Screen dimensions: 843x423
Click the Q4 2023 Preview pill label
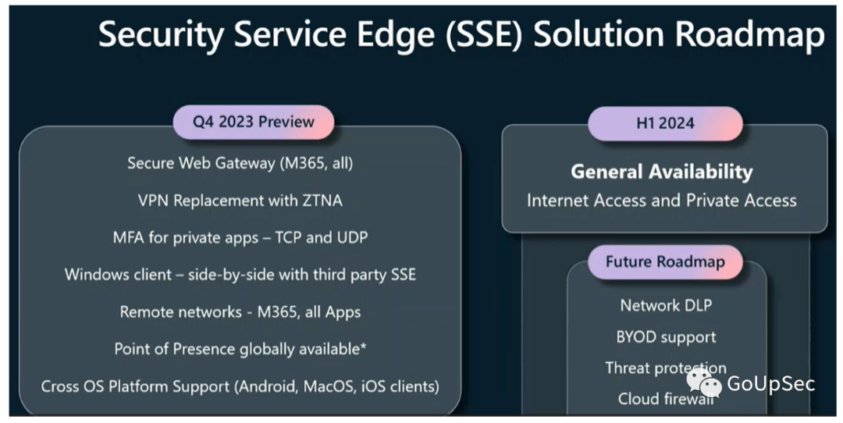[x=253, y=122]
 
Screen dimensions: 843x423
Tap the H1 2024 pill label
[x=665, y=123]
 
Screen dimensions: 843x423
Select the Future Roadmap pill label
[x=665, y=262]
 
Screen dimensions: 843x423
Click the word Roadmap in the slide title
[x=749, y=34]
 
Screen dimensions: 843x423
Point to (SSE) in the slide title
[x=484, y=35]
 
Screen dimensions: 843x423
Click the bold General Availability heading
[x=662, y=172]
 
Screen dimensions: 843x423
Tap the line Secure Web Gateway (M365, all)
[x=240, y=163]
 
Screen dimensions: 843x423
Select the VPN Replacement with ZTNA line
[x=240, y=201]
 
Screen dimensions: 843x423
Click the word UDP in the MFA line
[x=352, y=237]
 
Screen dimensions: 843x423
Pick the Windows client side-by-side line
[x=240, y=275]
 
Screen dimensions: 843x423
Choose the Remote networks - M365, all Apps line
[x=240, y=312]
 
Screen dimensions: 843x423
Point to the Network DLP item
[x=666, y=305]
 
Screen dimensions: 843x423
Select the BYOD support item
[x=666, y=337]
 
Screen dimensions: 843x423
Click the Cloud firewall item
[x=666, y=399]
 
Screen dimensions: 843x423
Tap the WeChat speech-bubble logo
[x=704, y=382]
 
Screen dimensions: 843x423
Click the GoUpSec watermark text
[x=771, y=384]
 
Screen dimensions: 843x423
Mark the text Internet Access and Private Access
[x=662, y=201]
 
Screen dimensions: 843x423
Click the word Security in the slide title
[x=161, y=35]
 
